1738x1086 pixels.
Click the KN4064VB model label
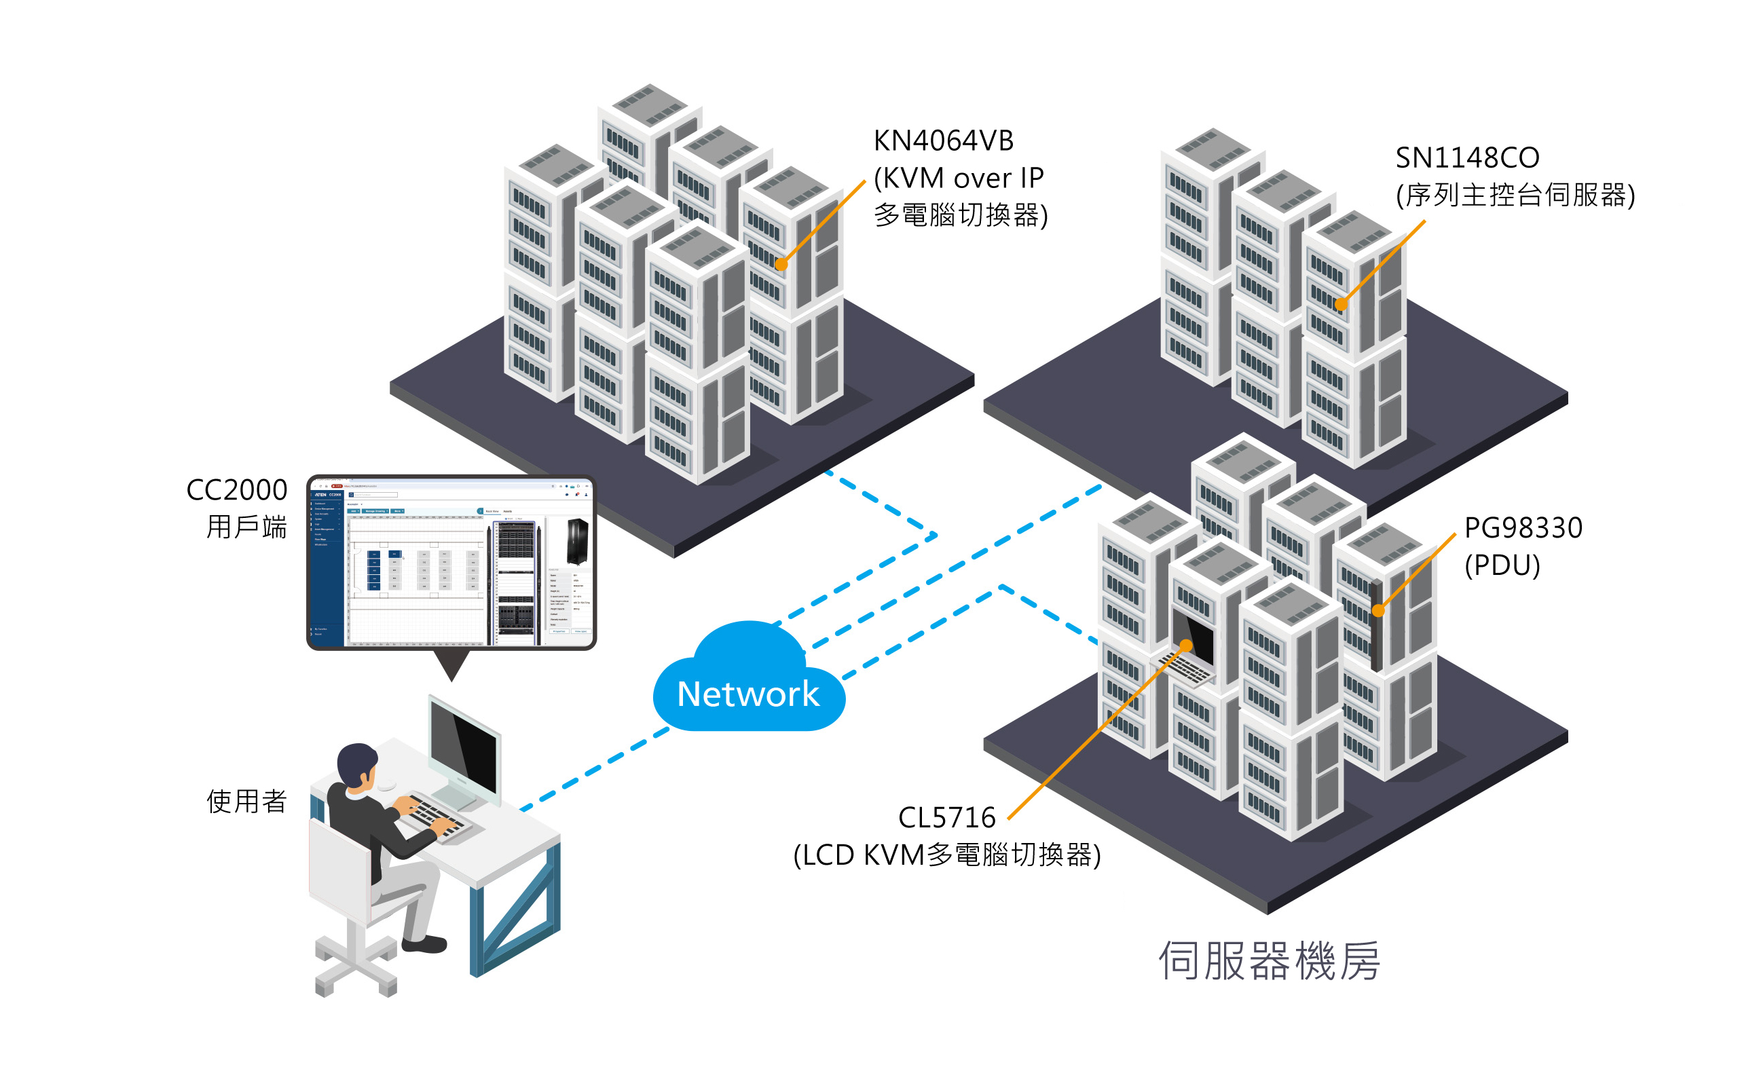click(x=943, y=141)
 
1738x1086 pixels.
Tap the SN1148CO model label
click(x=1466, y=157)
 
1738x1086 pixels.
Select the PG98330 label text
click(x=1523, y=528)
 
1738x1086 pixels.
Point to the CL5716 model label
click(x=946, y=817)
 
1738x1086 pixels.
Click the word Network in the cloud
click(x=747, y=694)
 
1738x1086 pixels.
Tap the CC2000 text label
click(x=236, y=490)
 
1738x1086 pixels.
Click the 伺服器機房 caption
click(x=1268, y=961)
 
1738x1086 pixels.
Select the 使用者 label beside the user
click(x=246, y=801)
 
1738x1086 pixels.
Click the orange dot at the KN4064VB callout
click(x=781, y=263)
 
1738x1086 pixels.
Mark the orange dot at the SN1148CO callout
click(x=1340, y=305)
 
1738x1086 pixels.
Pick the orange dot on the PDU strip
click(x=1378, y=610)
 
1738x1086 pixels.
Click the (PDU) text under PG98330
click(x=1502, y=565)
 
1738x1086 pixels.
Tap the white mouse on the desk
click(x=386, y=785)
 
